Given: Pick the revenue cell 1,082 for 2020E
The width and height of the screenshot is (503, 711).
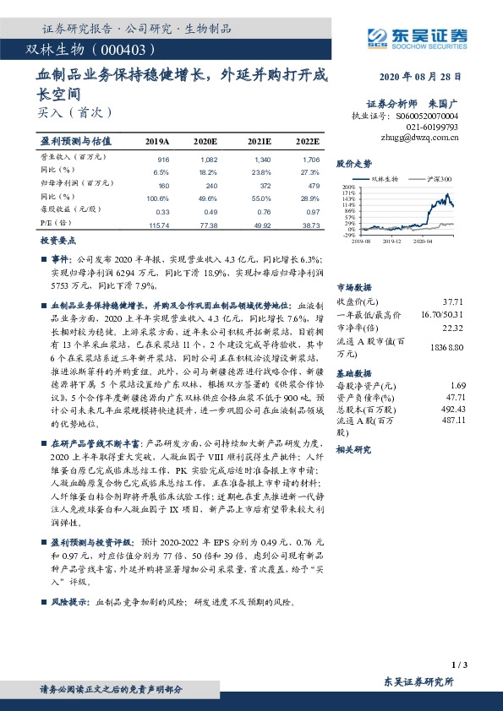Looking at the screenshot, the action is click(x=206, y=159).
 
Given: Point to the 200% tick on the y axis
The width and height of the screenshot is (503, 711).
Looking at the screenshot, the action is click(x=348, y=187).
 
